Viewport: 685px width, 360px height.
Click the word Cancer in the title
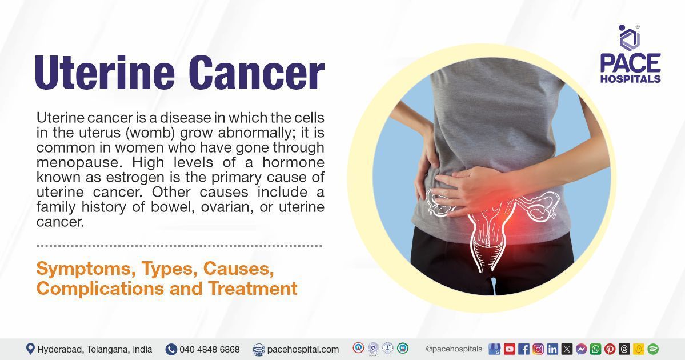click(257, 73)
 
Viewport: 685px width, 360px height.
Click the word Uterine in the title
click(105, 73)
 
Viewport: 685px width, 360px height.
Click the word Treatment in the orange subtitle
click(253, 289)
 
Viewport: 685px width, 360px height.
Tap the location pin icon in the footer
click(30, 349)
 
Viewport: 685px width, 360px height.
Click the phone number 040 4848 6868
click(209, 350)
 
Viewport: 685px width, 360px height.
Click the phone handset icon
click(171, 349)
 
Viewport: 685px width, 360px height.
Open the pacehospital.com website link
click(303, 350)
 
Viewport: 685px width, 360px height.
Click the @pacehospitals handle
click(454, 349)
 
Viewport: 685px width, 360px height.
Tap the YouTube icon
click(510, 349)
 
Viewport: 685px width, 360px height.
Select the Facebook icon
click(524, 349)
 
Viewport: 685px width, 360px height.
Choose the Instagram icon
click(538, 349)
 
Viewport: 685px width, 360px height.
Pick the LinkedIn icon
click(552, 349)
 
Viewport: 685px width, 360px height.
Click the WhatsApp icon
click(595, 349)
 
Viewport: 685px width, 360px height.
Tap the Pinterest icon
click(610, 349)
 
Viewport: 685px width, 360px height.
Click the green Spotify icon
click(653, 349)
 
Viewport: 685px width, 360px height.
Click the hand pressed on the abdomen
click(474, 191)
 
